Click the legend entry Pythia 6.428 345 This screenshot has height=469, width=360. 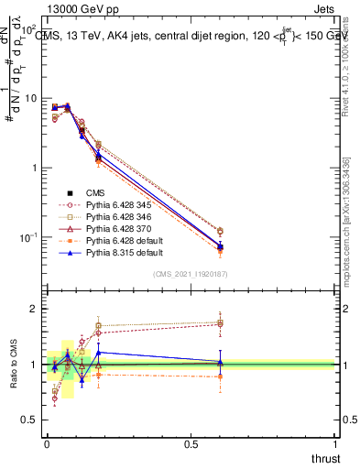click(104, 205)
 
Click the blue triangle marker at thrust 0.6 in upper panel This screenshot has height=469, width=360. click(220, 245)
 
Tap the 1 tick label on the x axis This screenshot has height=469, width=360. click(334, 442)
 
